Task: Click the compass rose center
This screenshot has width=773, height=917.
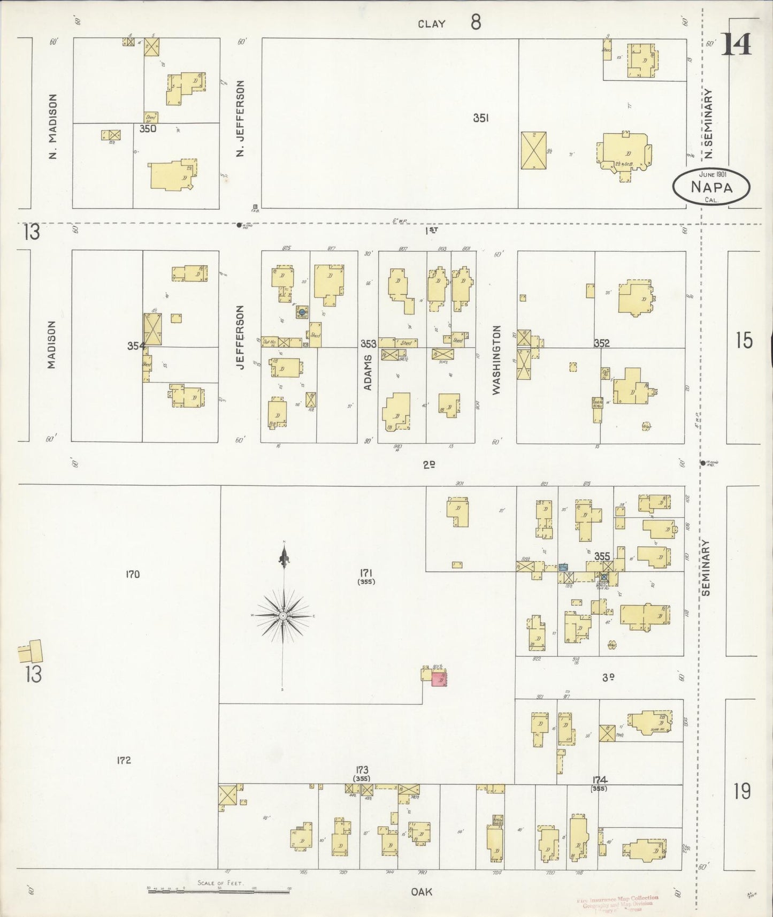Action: (283, 616)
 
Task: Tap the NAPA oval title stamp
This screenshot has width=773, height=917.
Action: (711, 187)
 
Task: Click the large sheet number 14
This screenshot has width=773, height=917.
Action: (737, 44)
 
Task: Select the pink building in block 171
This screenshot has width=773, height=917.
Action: (439, 678)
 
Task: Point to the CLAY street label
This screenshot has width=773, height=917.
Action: (431, 24)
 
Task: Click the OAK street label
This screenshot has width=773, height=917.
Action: (422, 892)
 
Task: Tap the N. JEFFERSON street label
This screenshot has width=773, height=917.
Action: (240, 118)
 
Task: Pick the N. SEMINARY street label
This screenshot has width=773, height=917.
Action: (708, 124)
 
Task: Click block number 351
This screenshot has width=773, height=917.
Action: (480, 118)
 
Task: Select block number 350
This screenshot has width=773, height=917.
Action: (148, 128)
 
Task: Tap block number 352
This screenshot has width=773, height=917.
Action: (602, 343)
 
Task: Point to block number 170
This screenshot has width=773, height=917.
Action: (132, 575)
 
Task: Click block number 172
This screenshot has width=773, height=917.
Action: (124, 760)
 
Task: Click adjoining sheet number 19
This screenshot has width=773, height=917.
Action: (742, 791)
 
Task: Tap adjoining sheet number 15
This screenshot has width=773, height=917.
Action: (744, 340)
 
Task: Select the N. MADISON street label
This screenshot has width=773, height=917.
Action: (52, 126)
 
